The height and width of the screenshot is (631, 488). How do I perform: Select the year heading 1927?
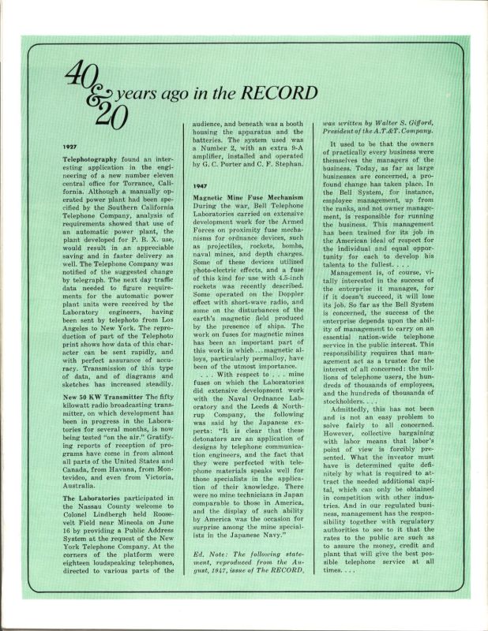[x=70, y=147]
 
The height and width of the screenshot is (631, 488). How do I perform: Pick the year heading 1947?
[x=201, y=185]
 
